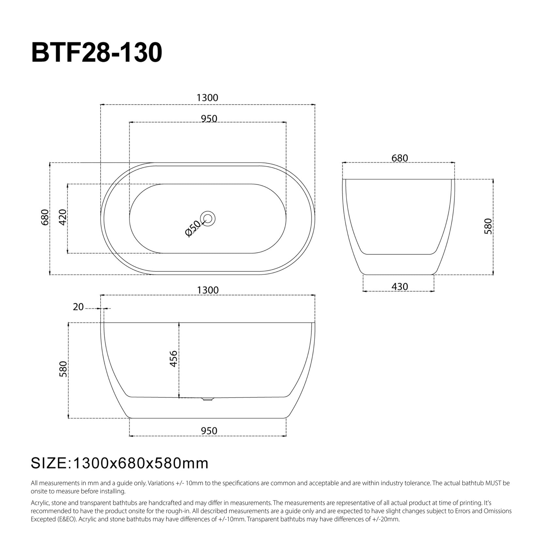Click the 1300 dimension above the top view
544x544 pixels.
coord(207,98)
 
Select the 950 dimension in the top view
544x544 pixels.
coord(209,118)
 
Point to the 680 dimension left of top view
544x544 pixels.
coord(45,217)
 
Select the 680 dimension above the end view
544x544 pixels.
coord(399,158)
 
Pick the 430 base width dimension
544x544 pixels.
coord(399,287)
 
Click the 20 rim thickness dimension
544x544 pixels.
coord(78,307)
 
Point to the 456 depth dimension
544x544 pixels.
coord(174,359)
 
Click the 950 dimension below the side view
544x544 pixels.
coord(209,431)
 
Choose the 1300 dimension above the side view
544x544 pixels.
coord(208,290)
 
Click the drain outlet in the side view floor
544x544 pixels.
coord(208,399)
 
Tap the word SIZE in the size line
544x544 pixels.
coord(49,463)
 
